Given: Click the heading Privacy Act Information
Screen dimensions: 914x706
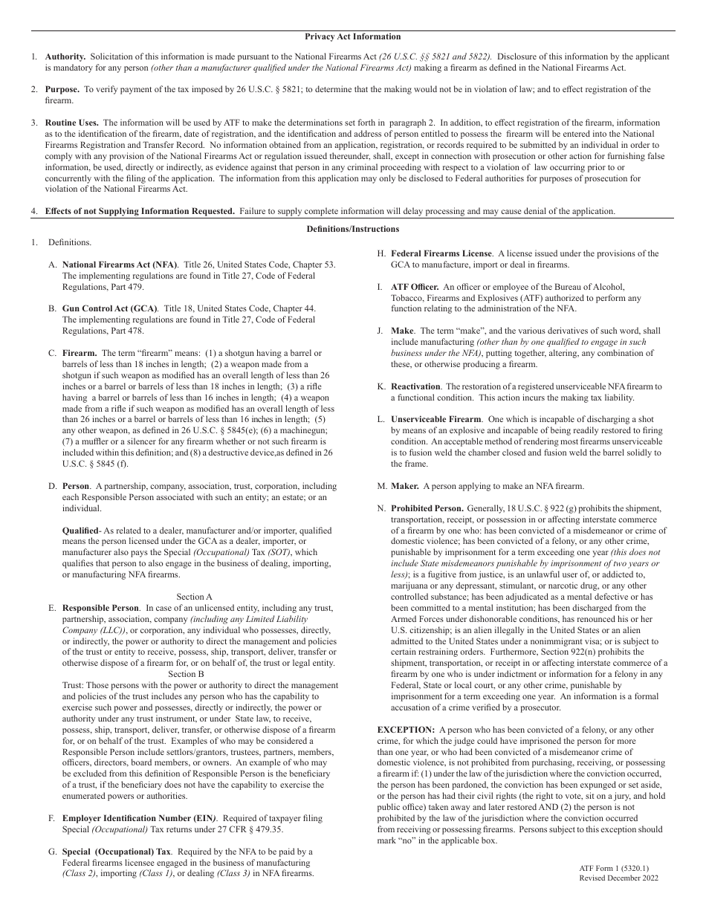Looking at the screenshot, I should pyautogui.click(x=353, y=36).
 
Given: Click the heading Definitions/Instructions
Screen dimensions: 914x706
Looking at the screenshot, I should pyautogui.click(x=353, y=229).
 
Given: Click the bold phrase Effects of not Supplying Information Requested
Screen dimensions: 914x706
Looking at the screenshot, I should pyautogui.click(x=140, y=211).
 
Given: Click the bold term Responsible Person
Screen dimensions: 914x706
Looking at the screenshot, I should pyautogui.click(x=100, y=608).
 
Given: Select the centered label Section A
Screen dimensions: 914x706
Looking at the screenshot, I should pyautogui.click(x=195, y=597).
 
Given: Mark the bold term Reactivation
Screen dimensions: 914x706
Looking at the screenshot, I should pyautogui.click(x=415, y=386).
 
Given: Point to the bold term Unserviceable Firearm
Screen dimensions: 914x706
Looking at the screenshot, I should pyautogui.click(x=435, y=420).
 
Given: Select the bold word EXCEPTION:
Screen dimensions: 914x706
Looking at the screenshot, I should pyautogui.click(x=406, y=730).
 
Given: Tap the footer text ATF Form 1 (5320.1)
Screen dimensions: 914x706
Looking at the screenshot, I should pyautogui.click(x=609, y=868).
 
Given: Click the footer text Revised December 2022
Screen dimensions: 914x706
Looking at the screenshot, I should pyautogui.click(x=618, y=878).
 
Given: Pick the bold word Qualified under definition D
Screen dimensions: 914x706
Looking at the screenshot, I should pyautogui.click(x=80, y=531).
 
